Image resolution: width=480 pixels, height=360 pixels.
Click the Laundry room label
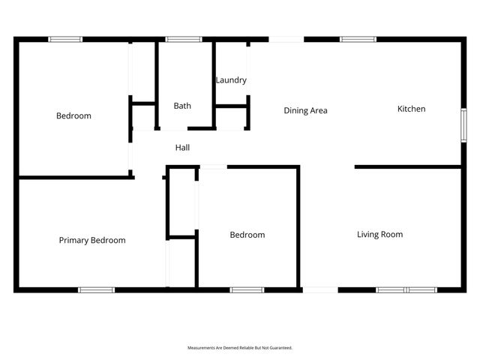coord(231,80)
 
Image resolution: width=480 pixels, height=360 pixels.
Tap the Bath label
coord(182,106)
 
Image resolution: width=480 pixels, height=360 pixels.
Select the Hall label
coord(182,148)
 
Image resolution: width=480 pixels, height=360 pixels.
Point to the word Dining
coord(295,111)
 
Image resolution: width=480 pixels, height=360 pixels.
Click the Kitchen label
coord(411,109)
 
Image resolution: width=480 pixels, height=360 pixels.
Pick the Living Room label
coord(379,235)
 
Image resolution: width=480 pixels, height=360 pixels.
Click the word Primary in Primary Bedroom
coord(74,241)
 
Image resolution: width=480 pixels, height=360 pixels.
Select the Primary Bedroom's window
coord(97,289)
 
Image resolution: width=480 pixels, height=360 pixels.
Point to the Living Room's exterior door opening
coord(319,289)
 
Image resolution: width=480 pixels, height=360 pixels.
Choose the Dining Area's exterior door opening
coord(286,39)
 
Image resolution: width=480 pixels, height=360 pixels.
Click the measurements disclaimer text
coord(239,348)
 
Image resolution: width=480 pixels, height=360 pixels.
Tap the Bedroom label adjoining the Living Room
coord(247,235)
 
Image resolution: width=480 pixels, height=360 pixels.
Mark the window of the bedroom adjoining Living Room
coord(247,289)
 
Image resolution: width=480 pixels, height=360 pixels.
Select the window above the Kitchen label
coord(358,39)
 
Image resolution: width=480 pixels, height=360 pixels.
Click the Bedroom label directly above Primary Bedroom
coord(73,116)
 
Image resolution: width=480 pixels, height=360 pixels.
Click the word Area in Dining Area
coord(319,111)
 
